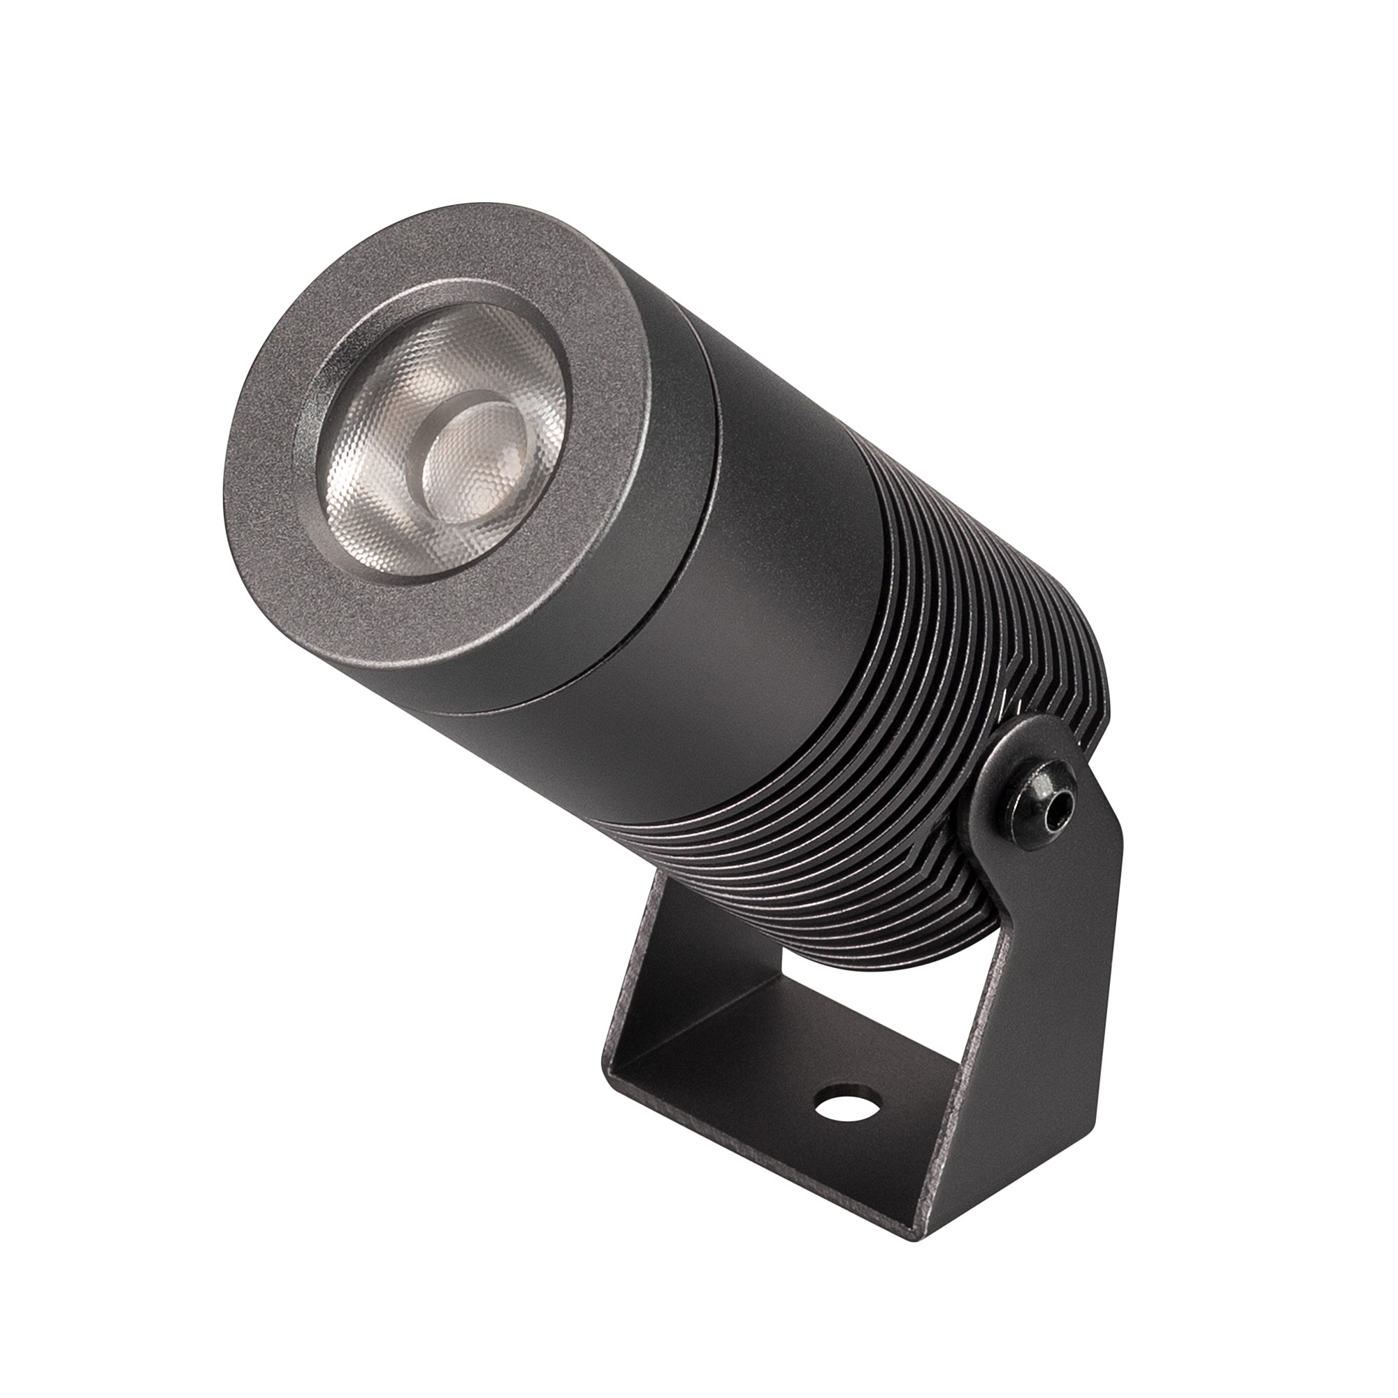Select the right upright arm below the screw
tap(1035, 1013)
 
